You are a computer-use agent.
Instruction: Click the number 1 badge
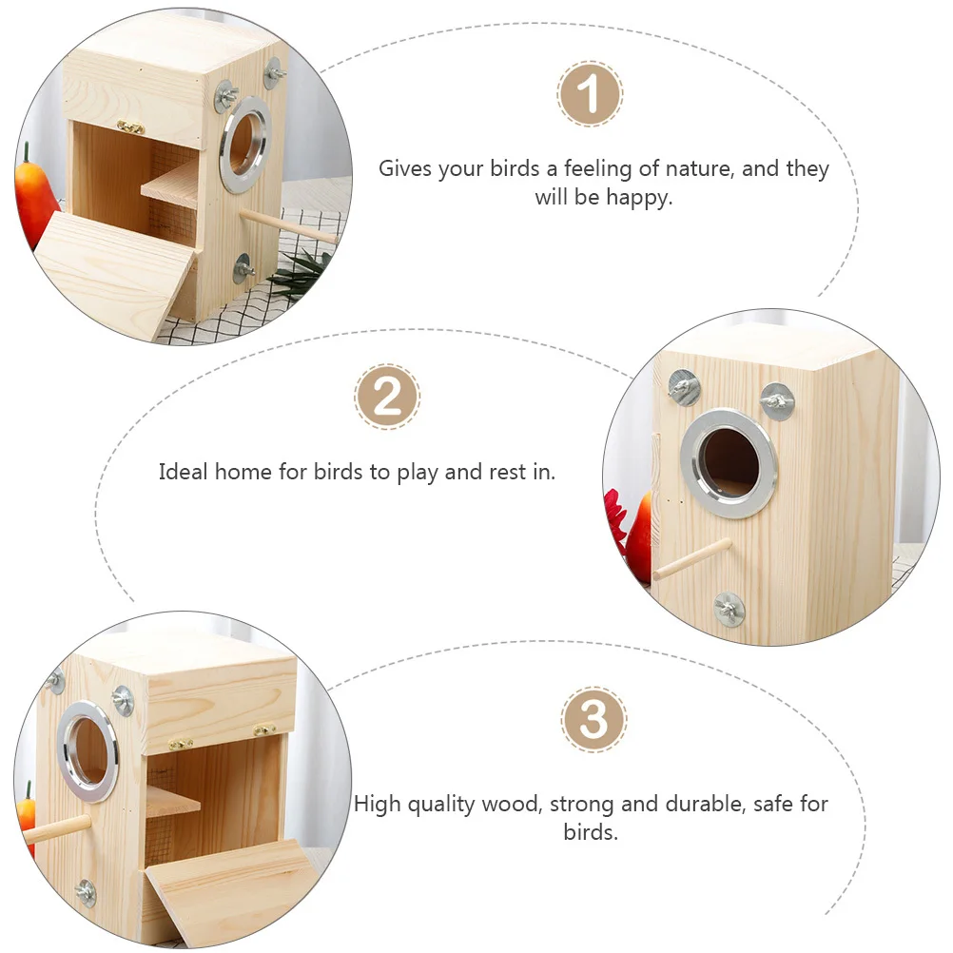pyautogui.click(x=590, y=95)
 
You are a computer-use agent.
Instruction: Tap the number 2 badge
pyautogui.click(x=387, y=397)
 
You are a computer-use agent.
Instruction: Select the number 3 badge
pyautogui.click(x=593, y=720)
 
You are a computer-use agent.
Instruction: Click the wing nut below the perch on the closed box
pyautogui.click(x=730, y=608)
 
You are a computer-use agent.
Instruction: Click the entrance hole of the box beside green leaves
pyautogui.click(x=243, y=145)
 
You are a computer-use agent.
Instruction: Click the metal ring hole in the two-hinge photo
pyautogui.click(x=88, y=749)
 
